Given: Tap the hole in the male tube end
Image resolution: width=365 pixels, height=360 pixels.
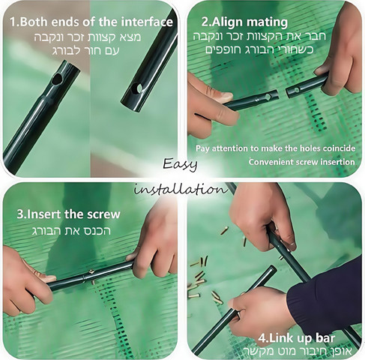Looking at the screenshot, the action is click(x=57, y=79).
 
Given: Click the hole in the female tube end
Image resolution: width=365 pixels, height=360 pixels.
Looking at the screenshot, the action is click(x=136, y=88).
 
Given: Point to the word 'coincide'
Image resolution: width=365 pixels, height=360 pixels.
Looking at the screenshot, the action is click(x=339, y=148).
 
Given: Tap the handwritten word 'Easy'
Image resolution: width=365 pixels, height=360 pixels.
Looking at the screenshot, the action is click(x=180, y=164).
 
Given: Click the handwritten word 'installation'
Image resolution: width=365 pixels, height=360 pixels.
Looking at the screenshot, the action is click(x=181, y=189).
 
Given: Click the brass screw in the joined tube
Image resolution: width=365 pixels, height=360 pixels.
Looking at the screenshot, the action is click(x=91, y=272).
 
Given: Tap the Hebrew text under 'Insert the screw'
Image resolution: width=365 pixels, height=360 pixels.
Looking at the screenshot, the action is click(x=71, y=231).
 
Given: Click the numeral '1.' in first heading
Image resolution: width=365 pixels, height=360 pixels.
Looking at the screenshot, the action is click(x=14, y=22).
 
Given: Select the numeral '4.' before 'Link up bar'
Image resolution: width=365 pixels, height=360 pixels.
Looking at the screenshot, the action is click(x=263, y=338).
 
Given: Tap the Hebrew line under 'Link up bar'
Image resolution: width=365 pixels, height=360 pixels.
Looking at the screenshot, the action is click(x=298, y=350).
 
